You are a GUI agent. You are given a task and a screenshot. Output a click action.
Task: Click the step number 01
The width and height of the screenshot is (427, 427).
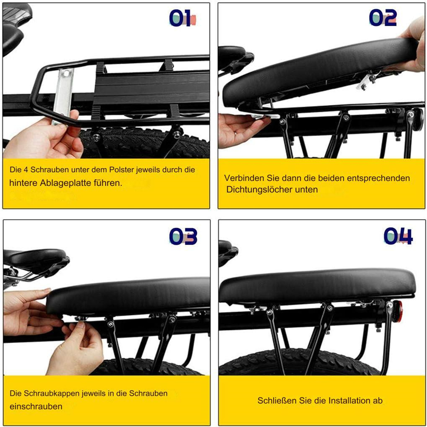click(183, 18)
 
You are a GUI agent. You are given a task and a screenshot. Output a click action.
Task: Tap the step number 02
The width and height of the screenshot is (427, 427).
click(383, 18)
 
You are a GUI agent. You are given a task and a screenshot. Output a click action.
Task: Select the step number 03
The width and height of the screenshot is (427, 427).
click(183, 236)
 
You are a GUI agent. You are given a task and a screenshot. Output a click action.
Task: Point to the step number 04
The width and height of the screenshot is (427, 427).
click(398, 236)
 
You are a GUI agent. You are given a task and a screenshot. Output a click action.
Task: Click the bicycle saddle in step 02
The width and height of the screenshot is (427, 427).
click(235, 58)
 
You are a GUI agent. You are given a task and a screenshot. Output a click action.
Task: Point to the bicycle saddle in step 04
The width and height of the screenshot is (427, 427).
click(228, 252)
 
